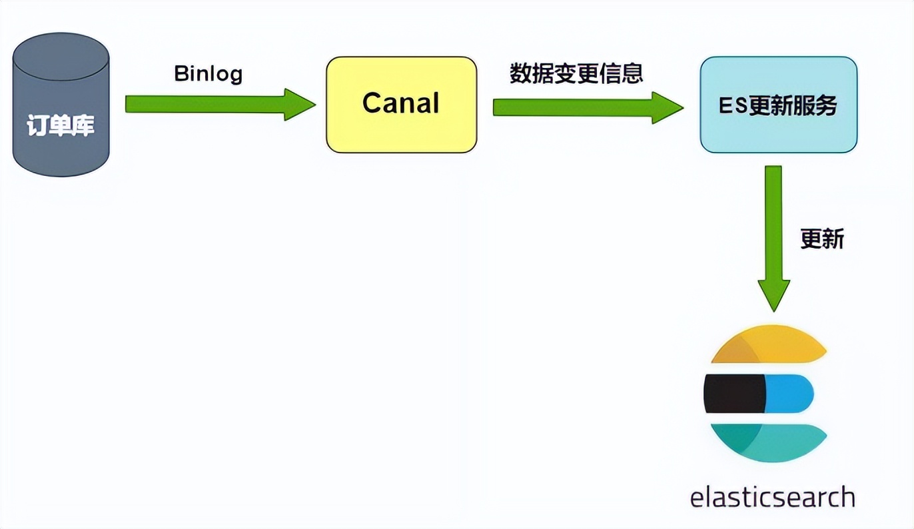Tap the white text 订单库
click(x=61, y=125)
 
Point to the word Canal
click(x=401, y=103)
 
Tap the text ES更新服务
click(x=778, y=105)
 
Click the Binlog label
click(x=209, y=73)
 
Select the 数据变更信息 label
click(x=577, y=73)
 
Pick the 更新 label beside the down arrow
click(x=822, y=239)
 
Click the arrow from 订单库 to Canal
click(x=207, y=104)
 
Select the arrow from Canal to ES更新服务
click(x=573, y=107)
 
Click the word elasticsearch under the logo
click(x=772, y=498)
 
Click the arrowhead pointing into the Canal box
click(x=299, y=104)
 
